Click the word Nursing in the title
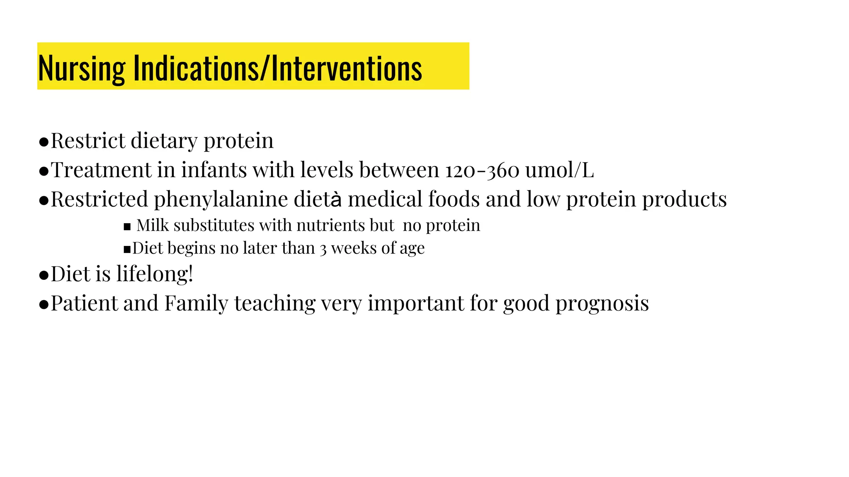(x=81, y=69)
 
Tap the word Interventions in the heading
(x=347, y=69)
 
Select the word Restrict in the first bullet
(x=88, y=141)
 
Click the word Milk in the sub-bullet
(x=153, y=226)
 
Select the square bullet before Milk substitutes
(x=127, y=227)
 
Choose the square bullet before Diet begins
(x=127, y=250)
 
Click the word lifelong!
(x=155, y=274)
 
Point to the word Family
(x=196, y=304)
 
